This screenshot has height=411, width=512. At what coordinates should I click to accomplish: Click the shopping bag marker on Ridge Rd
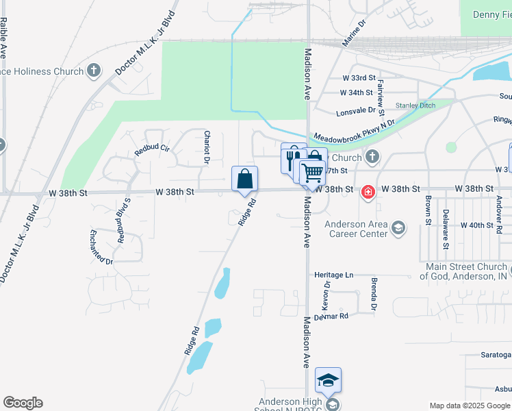(x=244, y=179)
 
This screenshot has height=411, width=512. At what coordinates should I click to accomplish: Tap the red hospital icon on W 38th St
(x=368, y=191)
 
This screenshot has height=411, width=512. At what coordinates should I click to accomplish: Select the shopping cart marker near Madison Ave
(x=312, y=173)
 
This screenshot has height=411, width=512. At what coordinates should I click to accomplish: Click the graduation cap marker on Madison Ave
(x=329, y=380)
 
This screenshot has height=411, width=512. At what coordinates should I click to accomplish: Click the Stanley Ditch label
(x=415, y=105)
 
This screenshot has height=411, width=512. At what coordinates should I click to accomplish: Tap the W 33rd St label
(x=359, y=78)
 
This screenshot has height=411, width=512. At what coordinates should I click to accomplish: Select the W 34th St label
(x=357, y=92)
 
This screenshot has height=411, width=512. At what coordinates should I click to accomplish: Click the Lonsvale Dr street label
(x=355, y=110)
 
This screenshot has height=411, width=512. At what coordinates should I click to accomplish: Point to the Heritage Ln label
(x=333, y=275)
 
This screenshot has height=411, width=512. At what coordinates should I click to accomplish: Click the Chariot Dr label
(x=207, y=147)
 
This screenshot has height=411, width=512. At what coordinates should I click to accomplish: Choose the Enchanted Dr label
(x=101, y=247)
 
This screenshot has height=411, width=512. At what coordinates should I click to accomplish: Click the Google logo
(x=23, y=403)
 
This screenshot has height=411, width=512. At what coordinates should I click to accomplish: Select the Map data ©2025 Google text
(x=470, y=406)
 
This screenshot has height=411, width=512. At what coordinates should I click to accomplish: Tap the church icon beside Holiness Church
(x=94, y=71)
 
